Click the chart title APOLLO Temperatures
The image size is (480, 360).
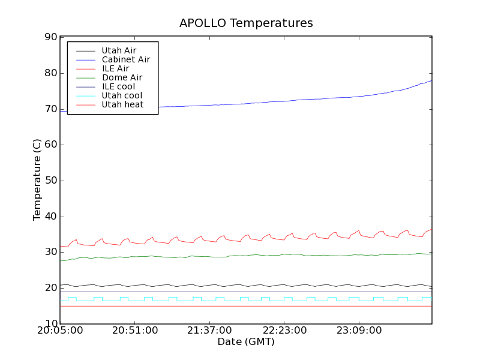246,23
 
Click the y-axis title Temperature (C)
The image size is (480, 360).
37,181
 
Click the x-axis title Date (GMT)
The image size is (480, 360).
246,341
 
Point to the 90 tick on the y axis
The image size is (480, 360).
50,37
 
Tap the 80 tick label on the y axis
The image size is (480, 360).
50,73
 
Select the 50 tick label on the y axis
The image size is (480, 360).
50,181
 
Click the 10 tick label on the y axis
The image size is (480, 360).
50,324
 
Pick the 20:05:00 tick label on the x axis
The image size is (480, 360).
60,331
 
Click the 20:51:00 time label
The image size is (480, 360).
134,331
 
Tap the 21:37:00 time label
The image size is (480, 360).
209,331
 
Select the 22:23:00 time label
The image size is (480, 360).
283,331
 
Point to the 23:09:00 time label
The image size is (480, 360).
358,331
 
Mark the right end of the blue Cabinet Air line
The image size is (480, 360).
431,80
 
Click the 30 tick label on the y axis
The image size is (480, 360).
50,252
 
